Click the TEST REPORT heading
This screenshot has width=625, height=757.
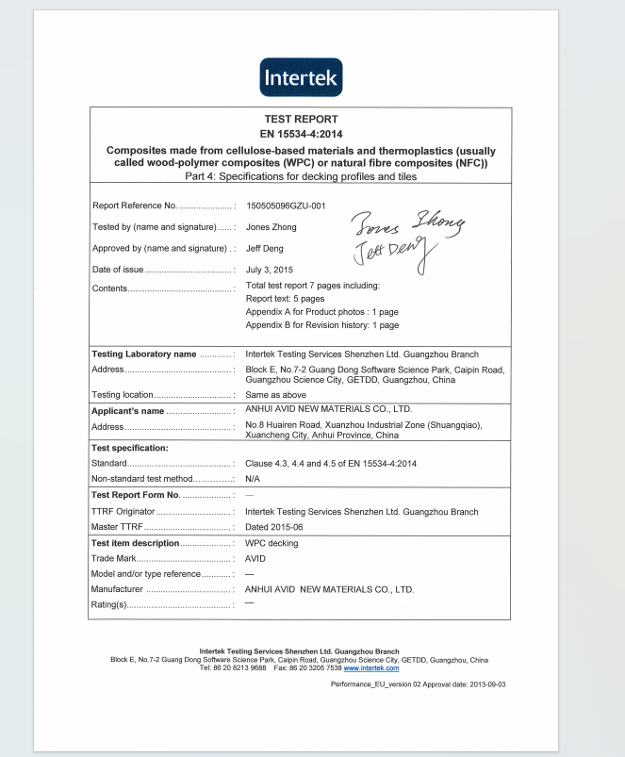301,120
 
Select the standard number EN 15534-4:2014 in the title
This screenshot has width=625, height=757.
301,134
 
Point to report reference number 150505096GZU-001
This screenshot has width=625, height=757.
286,205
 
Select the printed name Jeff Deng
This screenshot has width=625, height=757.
265,249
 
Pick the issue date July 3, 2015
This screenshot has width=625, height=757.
268,271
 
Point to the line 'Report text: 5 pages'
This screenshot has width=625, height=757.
285,299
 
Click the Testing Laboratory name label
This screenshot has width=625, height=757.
144,354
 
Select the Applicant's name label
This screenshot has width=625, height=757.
128,411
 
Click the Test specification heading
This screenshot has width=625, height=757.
130,448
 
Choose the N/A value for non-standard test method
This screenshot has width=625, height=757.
252,480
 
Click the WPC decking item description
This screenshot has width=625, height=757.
271,543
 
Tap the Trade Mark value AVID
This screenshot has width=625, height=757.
255,559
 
